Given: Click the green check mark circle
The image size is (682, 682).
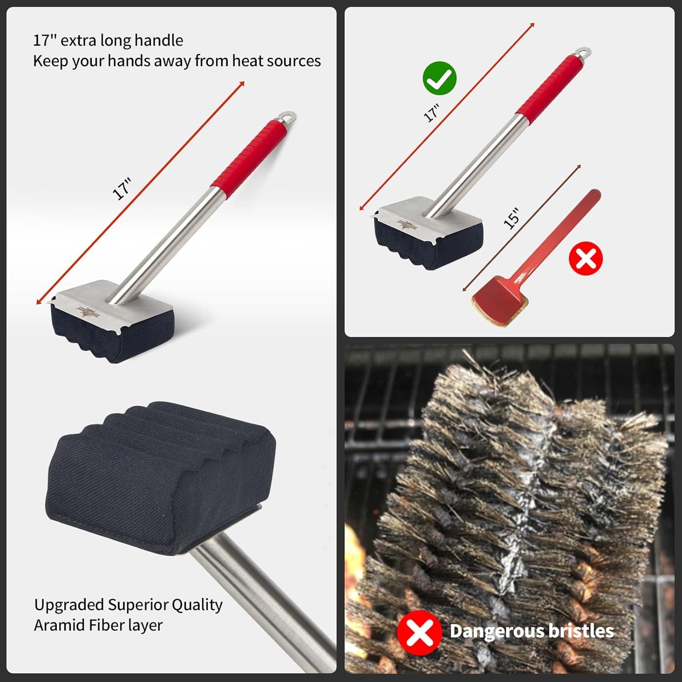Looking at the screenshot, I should [439, 79].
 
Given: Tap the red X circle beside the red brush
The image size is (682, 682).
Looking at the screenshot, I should [586, 258].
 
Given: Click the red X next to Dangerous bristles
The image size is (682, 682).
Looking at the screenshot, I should [419, 632].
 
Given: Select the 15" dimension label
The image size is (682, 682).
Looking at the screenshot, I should [511, 218].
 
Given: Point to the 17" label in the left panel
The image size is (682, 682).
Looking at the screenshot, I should [122, 189].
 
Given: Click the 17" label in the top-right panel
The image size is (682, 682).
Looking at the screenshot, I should [431, 113].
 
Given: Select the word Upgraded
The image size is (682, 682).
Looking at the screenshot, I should [69, 605].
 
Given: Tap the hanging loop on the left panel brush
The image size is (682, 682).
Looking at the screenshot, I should [288, 117].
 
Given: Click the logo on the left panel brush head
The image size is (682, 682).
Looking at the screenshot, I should [88, 313].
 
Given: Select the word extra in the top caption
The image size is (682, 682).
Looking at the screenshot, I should [78, 40].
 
